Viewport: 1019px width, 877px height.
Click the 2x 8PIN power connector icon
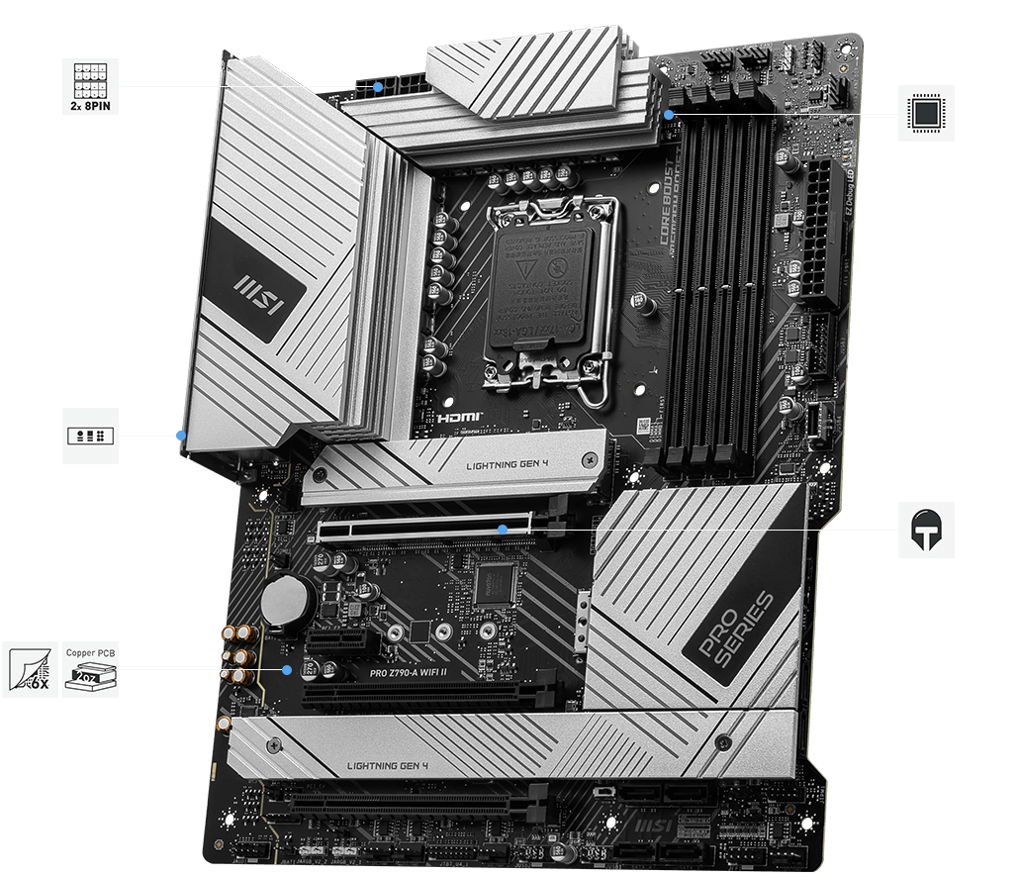[90, 85]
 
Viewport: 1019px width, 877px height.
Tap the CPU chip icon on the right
[927, 113]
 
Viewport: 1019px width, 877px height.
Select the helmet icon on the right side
[927, 530]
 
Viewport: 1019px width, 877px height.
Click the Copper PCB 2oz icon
[90, 669]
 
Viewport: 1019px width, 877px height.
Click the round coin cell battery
[288, 600]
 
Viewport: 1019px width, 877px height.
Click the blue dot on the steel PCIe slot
[503, 530]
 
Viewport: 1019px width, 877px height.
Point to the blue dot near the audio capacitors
[287, 669]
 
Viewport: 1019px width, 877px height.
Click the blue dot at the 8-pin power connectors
[379, 86]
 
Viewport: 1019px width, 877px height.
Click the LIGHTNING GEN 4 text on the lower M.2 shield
[387, 765]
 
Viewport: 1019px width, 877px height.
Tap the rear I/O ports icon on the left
[90, 435]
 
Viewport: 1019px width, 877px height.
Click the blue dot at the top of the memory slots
[670, 114]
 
